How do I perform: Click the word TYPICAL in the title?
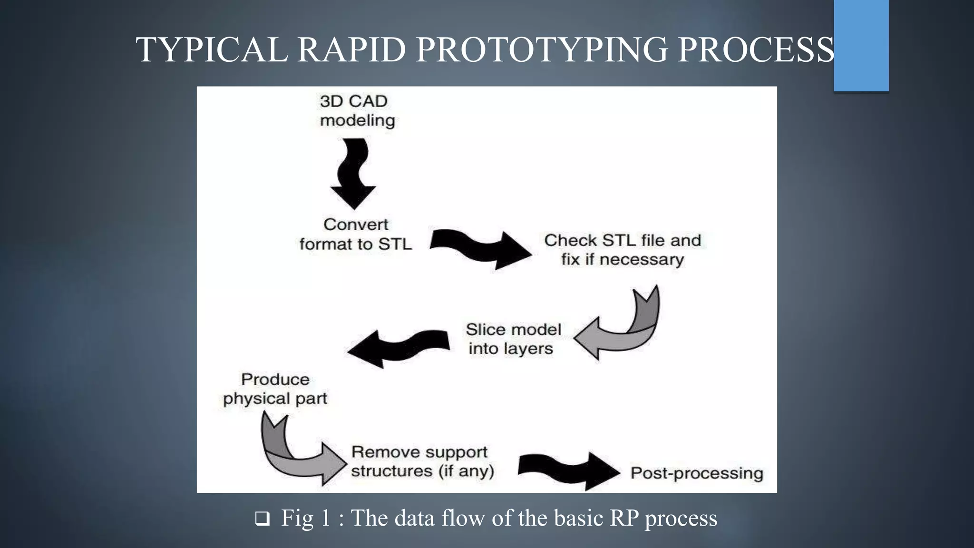pyautogui.click(x=212, y=49)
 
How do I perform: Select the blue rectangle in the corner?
pyautogui.click(x=861, y=45)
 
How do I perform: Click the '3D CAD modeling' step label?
pyautogui.click(x=357, y=110)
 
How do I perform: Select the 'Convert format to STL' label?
pyautogui.click(x=356, y=234)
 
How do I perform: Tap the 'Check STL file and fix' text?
pyautogui.click(x=622, y=250)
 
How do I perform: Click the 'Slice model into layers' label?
pyautogui.click(x=512, y=339)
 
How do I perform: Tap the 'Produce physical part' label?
pyautogui.click(x=275, y=389)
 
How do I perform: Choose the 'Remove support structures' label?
pyautogui.click(x=421, y=461)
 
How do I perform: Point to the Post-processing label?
pyautogui.click(x=696, y=473)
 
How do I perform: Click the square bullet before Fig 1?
pyautogui.click(x=262, y=519)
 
